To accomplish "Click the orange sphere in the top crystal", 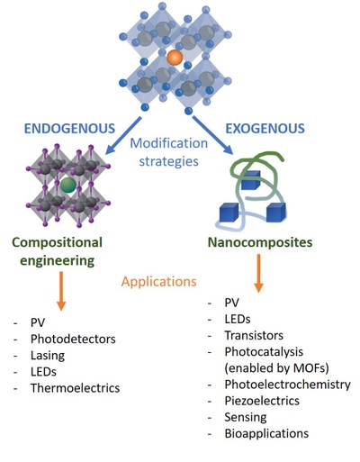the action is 175,58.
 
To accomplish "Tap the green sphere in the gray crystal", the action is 68,185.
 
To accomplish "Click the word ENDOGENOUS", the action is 69,129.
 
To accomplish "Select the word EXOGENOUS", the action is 265,129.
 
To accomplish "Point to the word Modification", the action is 169,143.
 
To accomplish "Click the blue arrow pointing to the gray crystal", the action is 123,136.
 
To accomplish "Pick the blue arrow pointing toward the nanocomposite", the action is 212,135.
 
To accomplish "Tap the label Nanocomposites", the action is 260,242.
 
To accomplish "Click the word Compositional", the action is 58,242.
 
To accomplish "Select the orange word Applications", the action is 159,282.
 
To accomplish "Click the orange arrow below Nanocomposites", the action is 258,273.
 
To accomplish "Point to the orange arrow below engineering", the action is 61,291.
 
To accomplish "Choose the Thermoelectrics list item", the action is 75,388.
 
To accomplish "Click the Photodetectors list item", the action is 73,339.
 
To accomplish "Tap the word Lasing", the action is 48,356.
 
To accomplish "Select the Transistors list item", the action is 254,335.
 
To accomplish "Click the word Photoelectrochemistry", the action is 288,385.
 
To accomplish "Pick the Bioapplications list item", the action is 266,433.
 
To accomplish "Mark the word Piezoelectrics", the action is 262,401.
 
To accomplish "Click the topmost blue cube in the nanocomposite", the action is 250,180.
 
